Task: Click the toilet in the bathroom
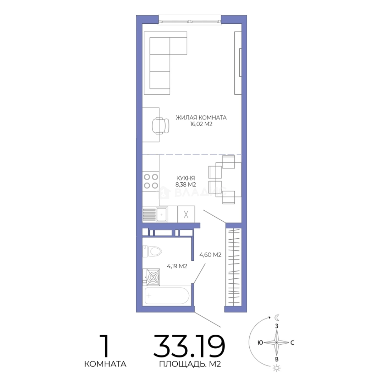(x=152, y=251)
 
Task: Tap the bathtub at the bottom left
(x=167, y=296)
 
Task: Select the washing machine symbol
(x=151, y=277)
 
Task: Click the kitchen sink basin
(x=161, y=215)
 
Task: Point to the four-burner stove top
(x=151, y=181)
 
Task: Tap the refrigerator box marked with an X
(x=186, y=214)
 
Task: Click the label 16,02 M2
(x=201, y=124)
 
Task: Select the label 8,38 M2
(x=185, y=184)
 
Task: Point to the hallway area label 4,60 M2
(x=210, y=255)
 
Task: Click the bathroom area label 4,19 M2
(x=177, y=266)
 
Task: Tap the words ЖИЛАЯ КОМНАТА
(x=201, y=117)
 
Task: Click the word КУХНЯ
(x=185, y=178)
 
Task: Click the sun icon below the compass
(x=277, y=368)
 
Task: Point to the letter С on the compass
(x=292, y=343)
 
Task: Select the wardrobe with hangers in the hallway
(x=233, y=267)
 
